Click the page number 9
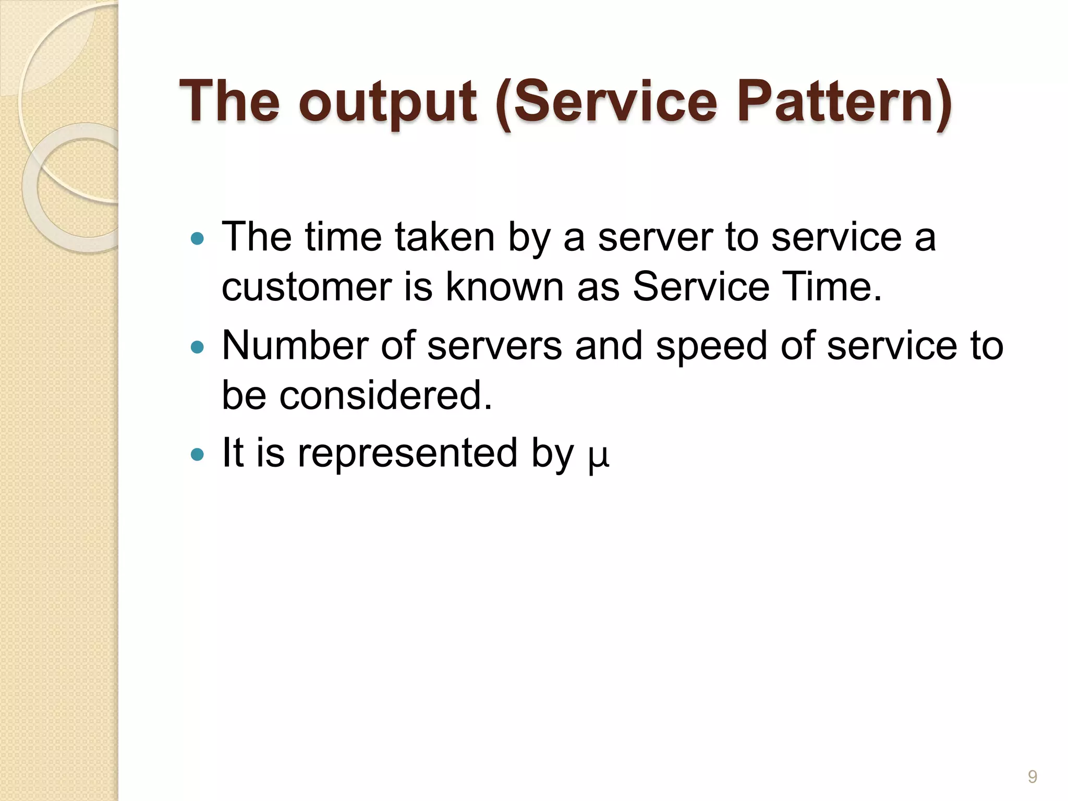(1032, 776)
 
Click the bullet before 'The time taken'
(197, 239)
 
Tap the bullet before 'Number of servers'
(197, 347)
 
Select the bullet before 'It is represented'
(197, 455)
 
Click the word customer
(307, 287)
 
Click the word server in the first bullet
(655, 238)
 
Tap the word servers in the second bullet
(494, 346)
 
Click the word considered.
(385, 395)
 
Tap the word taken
(444, 238)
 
